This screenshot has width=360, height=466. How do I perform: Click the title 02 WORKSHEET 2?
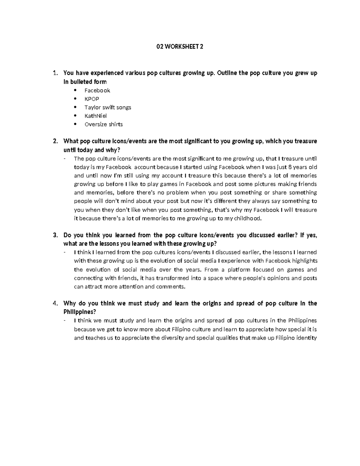tap(180, 47)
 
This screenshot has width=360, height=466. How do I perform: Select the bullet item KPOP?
tap(91, 99)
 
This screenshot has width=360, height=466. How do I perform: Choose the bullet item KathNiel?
tap(95, 116)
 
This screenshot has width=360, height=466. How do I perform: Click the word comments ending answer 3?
tap(172, 287)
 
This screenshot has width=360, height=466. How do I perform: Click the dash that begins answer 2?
tap(65, 159)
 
